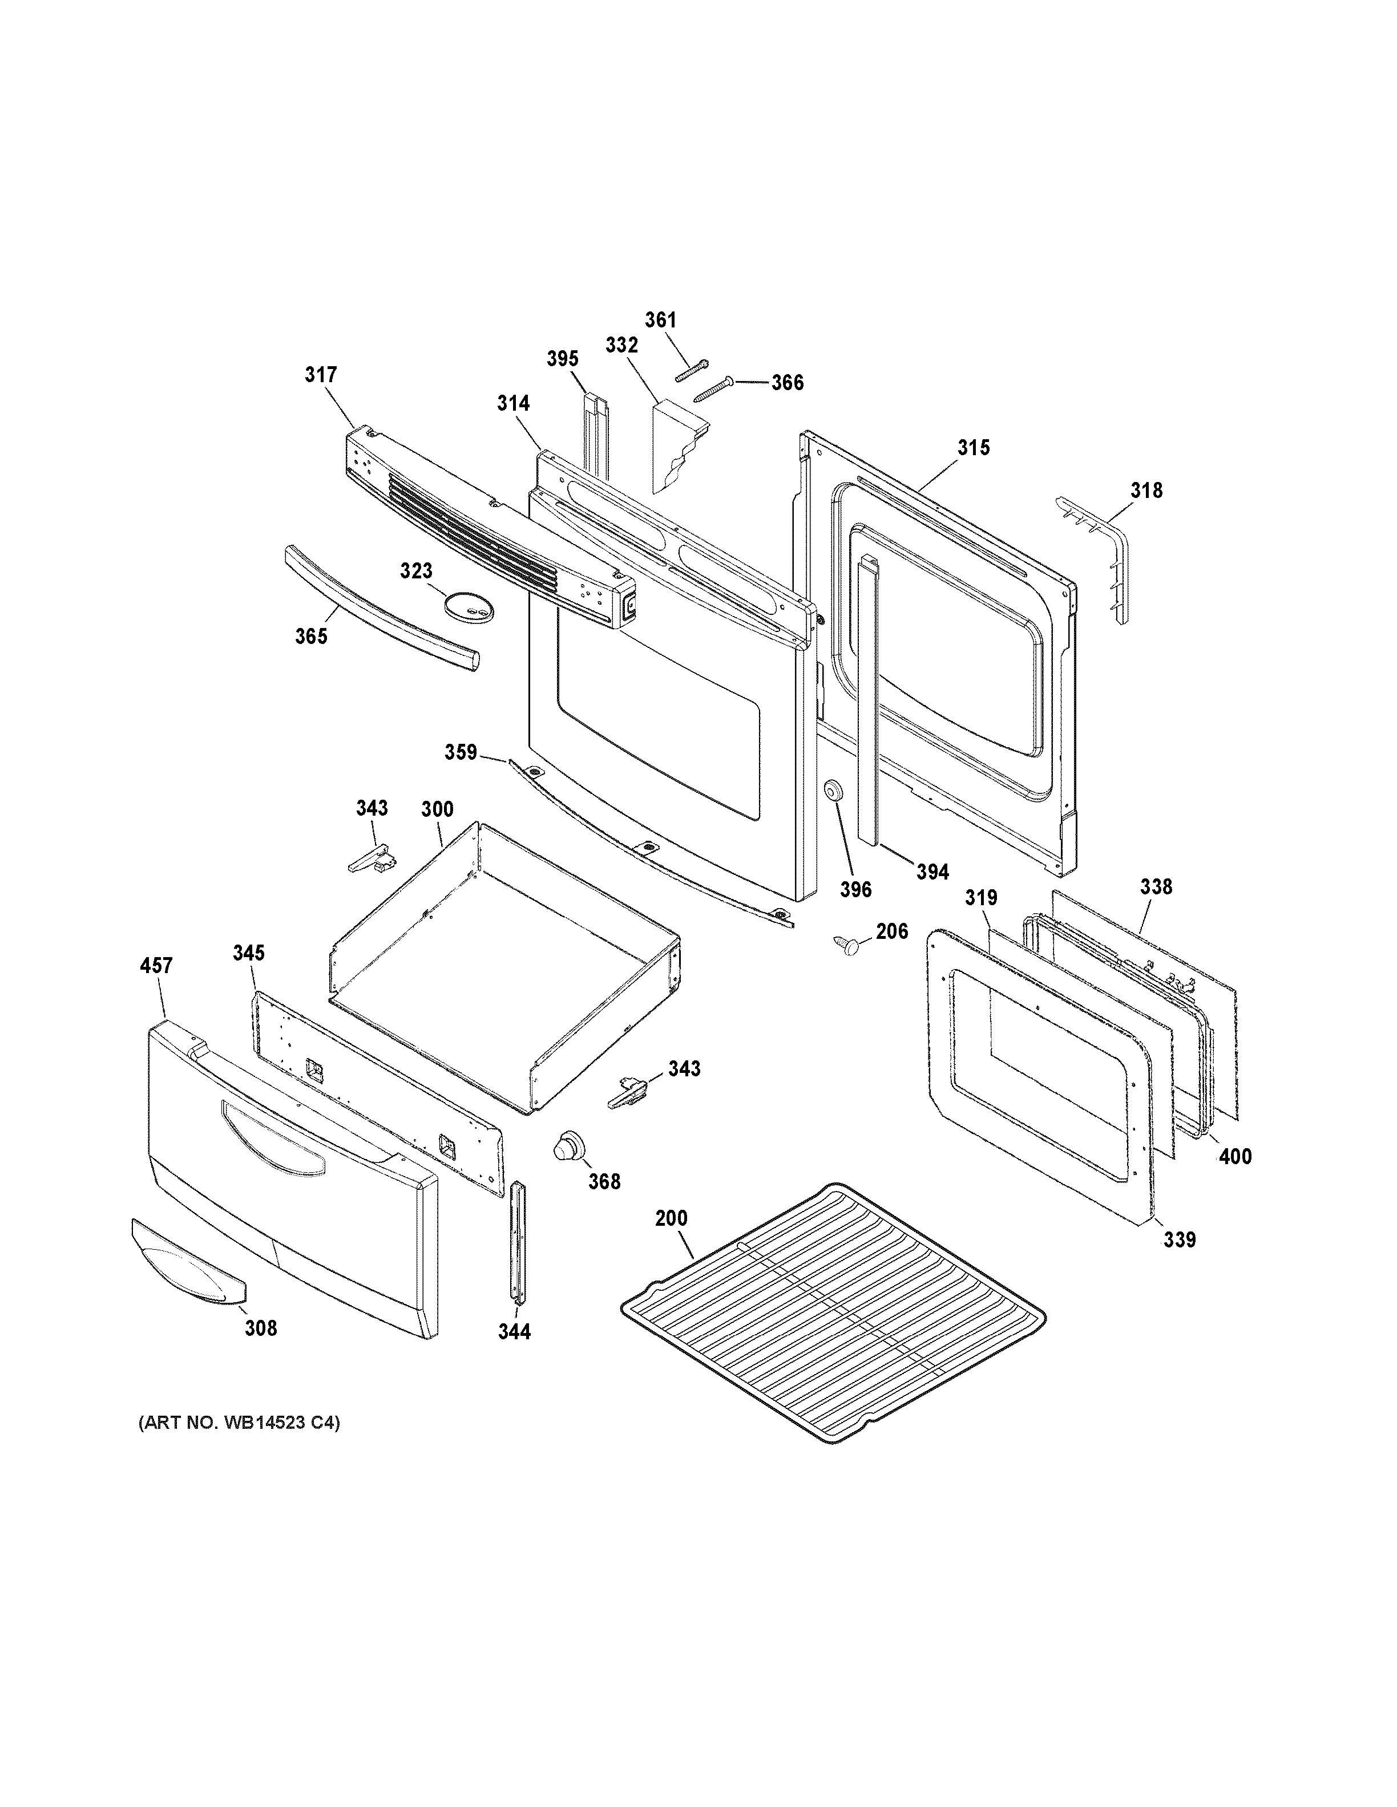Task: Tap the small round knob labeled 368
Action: pos(568,1148)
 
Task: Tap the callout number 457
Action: pos(156,966)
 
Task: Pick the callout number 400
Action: pos(1235,1157)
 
